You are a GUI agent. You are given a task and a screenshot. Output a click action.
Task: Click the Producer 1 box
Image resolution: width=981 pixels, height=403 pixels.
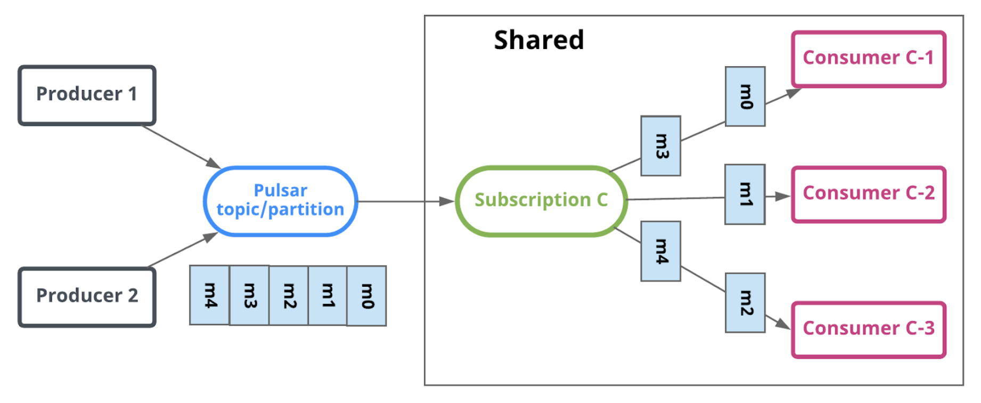[x=87, y=95]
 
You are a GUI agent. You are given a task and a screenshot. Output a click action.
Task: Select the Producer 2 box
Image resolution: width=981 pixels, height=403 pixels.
[x=87, y=296]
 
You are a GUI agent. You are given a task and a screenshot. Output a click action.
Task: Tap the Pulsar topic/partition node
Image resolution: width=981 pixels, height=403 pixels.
[x=281, y=201]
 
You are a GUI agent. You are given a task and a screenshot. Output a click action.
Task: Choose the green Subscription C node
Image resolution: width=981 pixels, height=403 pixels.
[x=541, y=201]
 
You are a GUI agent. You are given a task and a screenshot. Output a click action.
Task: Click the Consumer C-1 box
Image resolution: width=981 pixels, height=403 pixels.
[x=868, y=59]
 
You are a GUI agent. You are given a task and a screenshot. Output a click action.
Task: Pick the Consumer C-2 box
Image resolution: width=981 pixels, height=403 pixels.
[x=868, y=194]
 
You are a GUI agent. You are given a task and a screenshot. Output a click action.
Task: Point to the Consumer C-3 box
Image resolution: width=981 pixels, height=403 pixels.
[x=868, y=329]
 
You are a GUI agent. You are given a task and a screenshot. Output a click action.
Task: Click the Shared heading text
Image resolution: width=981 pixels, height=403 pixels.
[x=538, y=41]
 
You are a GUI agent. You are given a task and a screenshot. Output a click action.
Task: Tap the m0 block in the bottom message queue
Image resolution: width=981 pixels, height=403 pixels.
[x=366, y=296]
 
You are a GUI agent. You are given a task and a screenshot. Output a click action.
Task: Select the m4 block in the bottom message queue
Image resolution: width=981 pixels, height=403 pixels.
[x=210, y=295]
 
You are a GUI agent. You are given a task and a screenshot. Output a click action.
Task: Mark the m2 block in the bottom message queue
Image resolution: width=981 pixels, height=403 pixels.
[x=289, y=296]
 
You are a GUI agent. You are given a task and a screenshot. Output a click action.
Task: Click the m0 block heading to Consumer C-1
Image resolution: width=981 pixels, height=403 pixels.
[x=745, y=96]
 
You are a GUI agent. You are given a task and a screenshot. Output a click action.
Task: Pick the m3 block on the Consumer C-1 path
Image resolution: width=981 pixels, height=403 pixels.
[x=660, y=146]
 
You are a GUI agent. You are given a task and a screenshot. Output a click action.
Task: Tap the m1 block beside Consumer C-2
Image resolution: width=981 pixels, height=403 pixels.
[x=745, y=194]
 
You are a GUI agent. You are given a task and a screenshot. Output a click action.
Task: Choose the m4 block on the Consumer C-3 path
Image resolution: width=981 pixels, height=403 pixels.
[x=660, y=251]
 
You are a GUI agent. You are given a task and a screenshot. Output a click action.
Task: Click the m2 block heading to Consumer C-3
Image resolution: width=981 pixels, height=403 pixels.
[x=745, y=303]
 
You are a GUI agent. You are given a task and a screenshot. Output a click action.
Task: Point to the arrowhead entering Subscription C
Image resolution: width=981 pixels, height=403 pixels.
[x=447, y=201]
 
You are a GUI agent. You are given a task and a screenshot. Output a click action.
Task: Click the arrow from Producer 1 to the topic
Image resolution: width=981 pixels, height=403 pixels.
[x=181, y=147]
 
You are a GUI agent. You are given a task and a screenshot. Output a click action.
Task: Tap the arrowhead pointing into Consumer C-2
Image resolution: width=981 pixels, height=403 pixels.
[x=782, y=197]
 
